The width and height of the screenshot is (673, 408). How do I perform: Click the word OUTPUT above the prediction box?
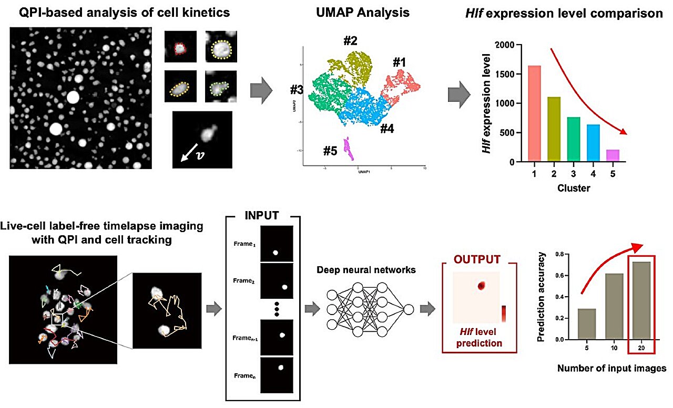click(x=478, y=259)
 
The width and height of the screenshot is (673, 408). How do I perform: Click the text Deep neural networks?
click(x=366, y=270)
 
